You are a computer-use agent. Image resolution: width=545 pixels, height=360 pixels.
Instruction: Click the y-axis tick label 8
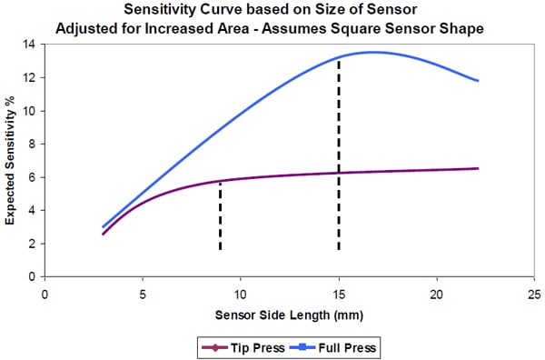point(33,144)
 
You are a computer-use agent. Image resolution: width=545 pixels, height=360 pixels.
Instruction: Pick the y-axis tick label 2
point(33,244)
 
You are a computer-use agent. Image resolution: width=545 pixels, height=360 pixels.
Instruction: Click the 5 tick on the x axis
point(143,295)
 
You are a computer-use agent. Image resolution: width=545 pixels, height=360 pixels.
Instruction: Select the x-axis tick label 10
point(241,295)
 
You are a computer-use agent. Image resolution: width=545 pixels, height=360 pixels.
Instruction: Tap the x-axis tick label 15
point(339,295)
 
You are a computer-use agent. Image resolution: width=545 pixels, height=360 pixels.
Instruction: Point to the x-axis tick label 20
point(437,295)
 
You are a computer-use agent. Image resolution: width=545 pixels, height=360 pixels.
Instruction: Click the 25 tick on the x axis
point(534,295)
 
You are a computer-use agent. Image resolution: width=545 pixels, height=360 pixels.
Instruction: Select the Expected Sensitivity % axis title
point(11,160)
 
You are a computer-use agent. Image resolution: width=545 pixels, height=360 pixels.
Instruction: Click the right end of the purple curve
point(478,168)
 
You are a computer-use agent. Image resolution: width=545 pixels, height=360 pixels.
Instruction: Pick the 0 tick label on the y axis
point(33,276)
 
